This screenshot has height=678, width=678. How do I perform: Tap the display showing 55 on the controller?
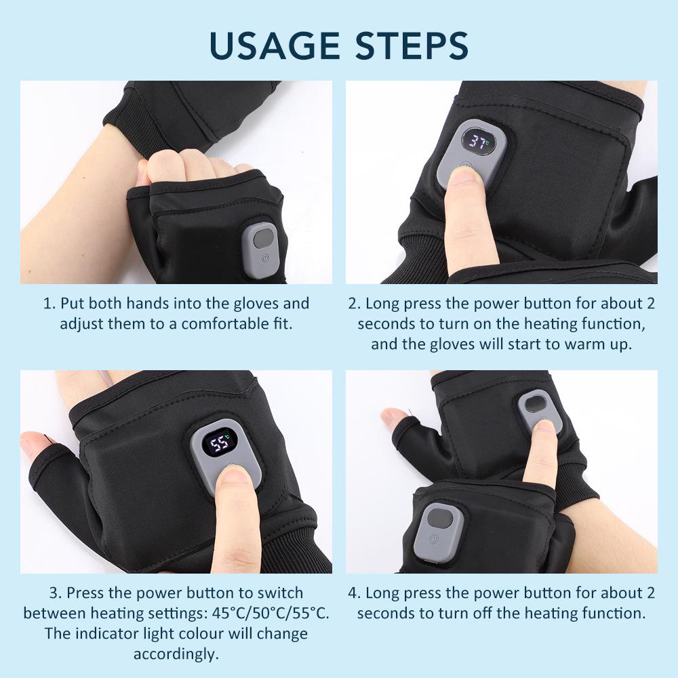pyautogui.click(x=221, y=444)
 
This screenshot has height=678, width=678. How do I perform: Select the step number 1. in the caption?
pyautogui.click(x=49, y=304)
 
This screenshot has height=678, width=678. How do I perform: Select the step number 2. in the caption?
pyautogui.click(x=354, y=304)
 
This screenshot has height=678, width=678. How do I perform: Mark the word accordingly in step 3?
pyautogui.click(x=176, y=654)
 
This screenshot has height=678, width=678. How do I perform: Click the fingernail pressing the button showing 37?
pyautogui.click(x=464, y=178)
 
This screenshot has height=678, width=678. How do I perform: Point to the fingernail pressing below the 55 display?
pyautogui.click(x=235, y=476)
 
